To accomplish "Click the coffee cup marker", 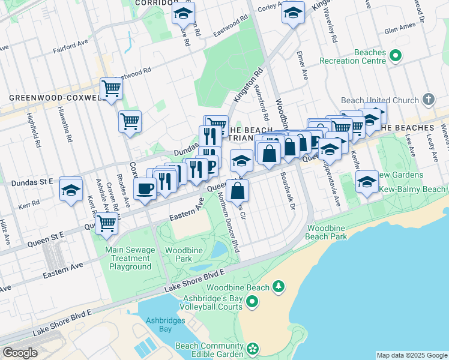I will [145, 190].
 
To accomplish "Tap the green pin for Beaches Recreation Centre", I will [396, 56].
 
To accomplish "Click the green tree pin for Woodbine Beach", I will [278, 287].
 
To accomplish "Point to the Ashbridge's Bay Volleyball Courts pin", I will [252, 301].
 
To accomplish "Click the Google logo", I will [20, 353].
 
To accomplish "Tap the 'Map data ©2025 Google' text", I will [411, 355].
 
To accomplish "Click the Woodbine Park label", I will [179, 254].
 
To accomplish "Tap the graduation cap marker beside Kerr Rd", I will [71, 191].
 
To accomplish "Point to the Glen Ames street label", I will [399, 28].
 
